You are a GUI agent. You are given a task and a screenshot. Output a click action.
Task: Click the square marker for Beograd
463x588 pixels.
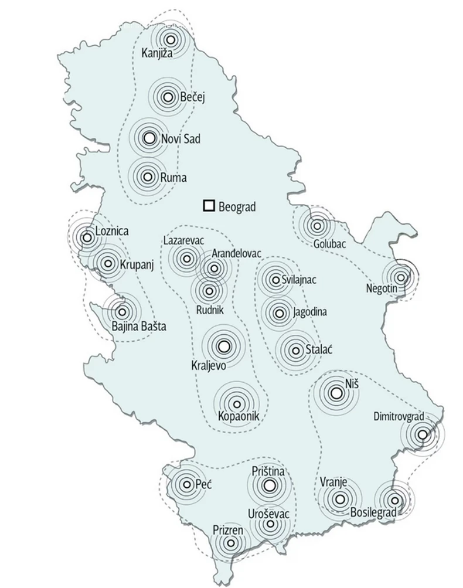point(208,206)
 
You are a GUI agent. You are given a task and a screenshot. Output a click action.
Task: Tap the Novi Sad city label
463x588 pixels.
point(181,140)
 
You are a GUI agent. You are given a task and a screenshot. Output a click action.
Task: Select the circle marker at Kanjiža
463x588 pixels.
point(171,40)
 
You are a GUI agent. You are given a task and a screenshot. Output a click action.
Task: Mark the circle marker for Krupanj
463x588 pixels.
point(107,263)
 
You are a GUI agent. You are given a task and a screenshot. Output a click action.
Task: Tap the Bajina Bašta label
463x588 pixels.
point(139,327)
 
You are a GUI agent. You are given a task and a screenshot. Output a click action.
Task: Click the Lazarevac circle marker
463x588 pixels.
point(187,258)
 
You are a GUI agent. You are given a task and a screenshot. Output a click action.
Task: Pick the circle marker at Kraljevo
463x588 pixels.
point(223,346)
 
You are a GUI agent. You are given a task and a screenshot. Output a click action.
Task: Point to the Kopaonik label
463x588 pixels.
point(238,416)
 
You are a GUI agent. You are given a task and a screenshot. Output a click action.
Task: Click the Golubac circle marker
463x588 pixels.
point(317,225)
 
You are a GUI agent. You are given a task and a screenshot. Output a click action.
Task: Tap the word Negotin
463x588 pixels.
point(382,288)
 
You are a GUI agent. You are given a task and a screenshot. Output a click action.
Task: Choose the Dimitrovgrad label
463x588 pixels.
point(399,417)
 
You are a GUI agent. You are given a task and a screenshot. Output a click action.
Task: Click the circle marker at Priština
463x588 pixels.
point(269,485)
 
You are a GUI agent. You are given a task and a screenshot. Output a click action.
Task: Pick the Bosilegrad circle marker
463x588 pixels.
point(395,500)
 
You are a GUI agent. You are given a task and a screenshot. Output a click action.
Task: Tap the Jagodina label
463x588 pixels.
point(311,312)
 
